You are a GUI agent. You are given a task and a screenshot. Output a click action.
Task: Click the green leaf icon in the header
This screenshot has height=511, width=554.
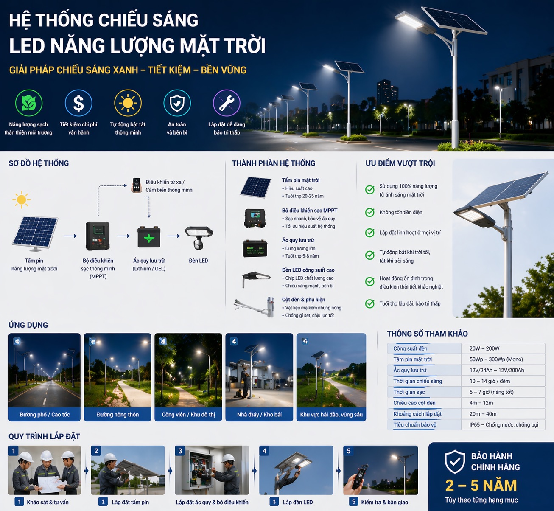pyautogui.click(x=29, y=103)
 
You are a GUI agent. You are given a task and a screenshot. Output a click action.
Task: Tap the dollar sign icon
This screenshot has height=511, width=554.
pyautogui.click(x=78, y=103)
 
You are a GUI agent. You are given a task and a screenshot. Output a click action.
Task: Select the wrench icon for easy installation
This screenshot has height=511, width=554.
pyautogui.click(x=227, y=103)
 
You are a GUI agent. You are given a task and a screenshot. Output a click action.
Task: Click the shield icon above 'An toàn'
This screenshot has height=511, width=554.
pyautogui.click(x=177, y=103)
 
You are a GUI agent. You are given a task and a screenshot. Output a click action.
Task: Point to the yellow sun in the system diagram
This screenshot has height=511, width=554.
pyautogui.click(x=21, y=199)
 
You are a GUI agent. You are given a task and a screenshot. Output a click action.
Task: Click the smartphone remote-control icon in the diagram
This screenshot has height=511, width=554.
pyautogui.click(x=136, y=185)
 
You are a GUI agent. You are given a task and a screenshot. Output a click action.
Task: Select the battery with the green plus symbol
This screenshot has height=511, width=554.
pyautogui.click(x=149, y=237)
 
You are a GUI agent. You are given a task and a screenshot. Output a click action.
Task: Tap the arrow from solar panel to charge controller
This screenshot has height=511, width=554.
pyautogui.click(x=70, y=236)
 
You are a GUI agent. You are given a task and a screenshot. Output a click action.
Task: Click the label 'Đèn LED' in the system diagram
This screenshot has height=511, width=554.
pyautogui.click(x=199, y=261)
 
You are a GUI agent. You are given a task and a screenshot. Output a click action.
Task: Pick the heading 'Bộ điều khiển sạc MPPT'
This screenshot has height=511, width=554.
pyautogui.click(x=310, y=210)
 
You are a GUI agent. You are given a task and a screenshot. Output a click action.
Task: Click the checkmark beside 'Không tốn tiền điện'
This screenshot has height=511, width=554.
pyautogui.click(x=370, y=213)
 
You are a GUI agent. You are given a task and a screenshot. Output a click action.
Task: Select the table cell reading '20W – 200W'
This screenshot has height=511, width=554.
pyautogui.click(x=484, y=348)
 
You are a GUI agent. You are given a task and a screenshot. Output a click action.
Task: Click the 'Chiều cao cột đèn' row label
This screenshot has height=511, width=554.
pyautogui.click(x=414, y=403)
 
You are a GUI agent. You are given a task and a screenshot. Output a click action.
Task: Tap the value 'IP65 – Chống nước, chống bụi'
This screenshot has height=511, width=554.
pyautogui.click(x=504, y=424)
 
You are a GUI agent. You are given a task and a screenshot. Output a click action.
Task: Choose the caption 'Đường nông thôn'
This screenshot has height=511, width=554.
pyautogui.click(x=118, y=414)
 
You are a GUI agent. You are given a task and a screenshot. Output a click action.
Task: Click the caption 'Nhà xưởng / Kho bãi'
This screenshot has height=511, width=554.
pyautogui.click(x=259, y=414)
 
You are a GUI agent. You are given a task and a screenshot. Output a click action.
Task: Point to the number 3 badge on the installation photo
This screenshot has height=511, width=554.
pyautogui.click(x=180, y=451)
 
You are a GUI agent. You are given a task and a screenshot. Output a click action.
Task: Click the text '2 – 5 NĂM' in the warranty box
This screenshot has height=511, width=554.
pyautogui.click(x=481, y=485)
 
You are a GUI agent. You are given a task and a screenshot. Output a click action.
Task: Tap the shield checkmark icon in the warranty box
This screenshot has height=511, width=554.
pyautogui.click(x=455, y=462)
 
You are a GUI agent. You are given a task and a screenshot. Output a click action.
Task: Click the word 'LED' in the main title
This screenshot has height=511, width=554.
pyautogui.click(x=27, y=45)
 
